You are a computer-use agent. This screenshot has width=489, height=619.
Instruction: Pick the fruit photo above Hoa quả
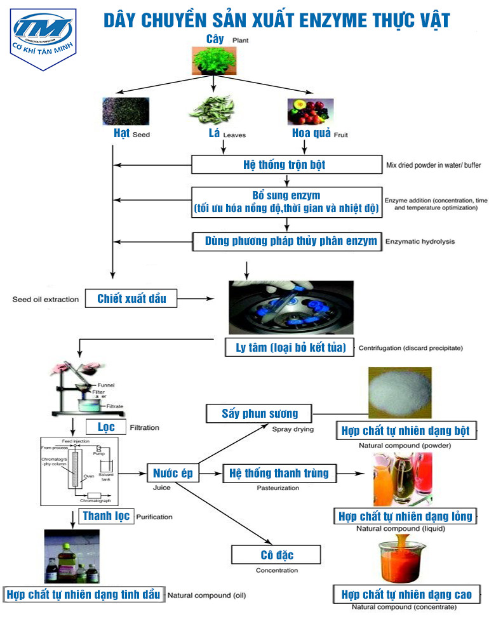point(311,111)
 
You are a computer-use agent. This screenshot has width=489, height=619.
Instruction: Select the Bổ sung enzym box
point(287,202)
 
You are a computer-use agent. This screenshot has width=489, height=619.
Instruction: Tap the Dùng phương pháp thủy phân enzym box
point(287,241)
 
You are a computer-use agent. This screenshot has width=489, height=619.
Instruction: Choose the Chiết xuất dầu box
point(136,298)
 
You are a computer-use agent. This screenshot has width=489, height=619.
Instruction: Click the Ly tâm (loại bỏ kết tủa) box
point(290,347)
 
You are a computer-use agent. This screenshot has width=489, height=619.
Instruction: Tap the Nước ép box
point(173,474)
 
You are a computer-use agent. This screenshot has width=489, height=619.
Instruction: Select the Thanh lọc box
point(106,516)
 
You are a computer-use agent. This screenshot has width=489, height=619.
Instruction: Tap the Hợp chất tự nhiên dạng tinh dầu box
point(84,594)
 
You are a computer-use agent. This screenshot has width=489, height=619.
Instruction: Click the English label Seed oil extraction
point(46,299)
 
